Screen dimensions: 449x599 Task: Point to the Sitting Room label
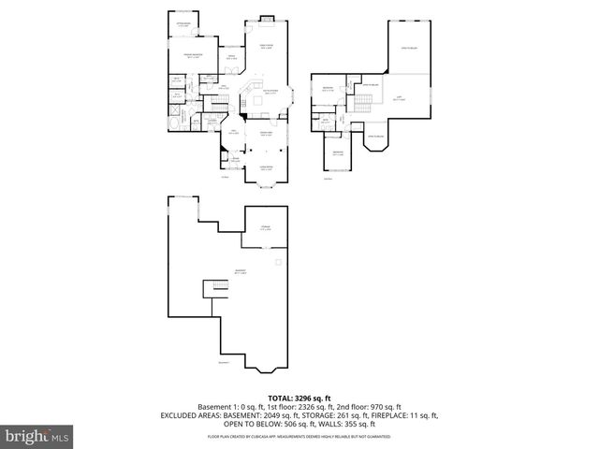click(183, 25)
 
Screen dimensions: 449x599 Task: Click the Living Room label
click(266, 168)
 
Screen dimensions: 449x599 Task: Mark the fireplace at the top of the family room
click(266, 18)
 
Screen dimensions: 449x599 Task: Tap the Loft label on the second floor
click(400, 98)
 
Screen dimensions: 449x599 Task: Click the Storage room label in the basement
click(265, 227)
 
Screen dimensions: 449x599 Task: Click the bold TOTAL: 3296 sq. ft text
click(299, 398)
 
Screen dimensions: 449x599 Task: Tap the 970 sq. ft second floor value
click(384, 407)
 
